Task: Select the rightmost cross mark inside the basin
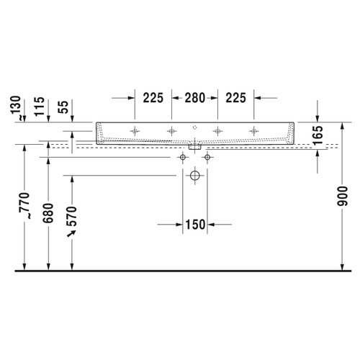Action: (253, 131)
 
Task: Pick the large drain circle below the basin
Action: (194, 175)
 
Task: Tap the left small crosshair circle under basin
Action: (183, 156)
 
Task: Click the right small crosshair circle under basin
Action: (207, 156)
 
